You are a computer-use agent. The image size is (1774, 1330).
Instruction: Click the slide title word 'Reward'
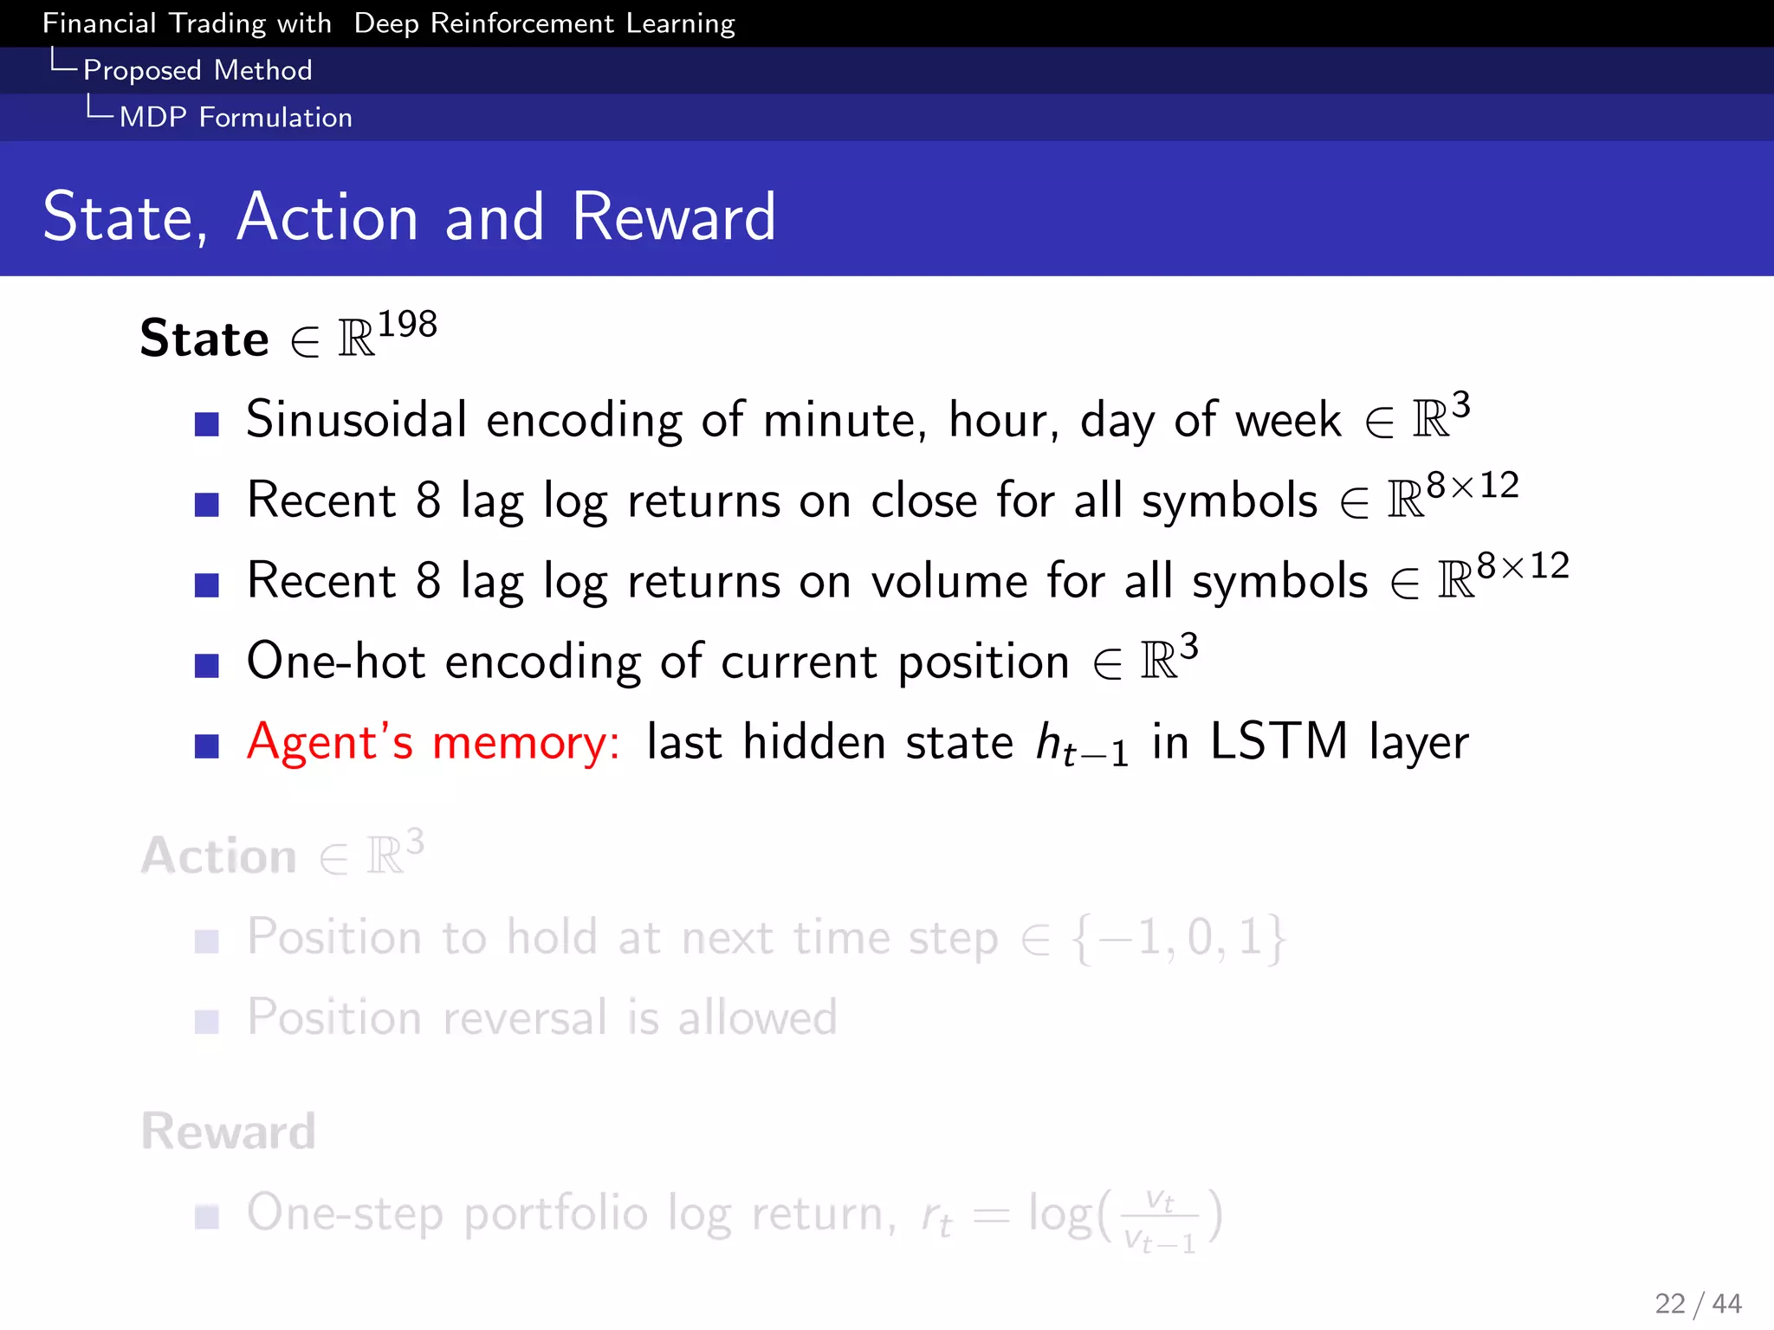coord(673,216)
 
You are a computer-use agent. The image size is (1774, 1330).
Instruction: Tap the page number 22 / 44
coord(1697,1303)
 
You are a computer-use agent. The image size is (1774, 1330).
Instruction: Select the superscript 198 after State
coord(407,325)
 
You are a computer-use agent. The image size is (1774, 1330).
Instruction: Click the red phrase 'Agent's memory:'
coord(433,743)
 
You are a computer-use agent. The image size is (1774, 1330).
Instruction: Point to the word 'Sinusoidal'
coord(356,420)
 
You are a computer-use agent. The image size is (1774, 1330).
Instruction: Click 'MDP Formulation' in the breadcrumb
coord(236,117)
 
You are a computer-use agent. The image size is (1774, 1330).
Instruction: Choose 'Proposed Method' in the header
coord(197,70)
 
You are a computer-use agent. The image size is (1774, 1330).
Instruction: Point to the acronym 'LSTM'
coord(1279,742)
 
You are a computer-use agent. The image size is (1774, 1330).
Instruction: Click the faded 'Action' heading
coord(219,856)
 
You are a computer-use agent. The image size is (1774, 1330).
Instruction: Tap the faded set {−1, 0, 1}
coord(1179,938)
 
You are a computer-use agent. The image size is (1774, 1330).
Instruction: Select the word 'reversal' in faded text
coord(524,1017)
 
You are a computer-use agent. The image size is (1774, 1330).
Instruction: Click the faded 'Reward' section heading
coord(229,1131)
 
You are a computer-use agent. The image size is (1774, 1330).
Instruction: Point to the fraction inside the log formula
coord(1159,1221)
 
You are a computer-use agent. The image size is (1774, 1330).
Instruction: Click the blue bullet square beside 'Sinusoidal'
coord(206,424)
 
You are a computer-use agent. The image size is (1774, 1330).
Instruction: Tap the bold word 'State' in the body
coord(204,339)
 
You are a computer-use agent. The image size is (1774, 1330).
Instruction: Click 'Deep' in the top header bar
coord(386,23)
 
